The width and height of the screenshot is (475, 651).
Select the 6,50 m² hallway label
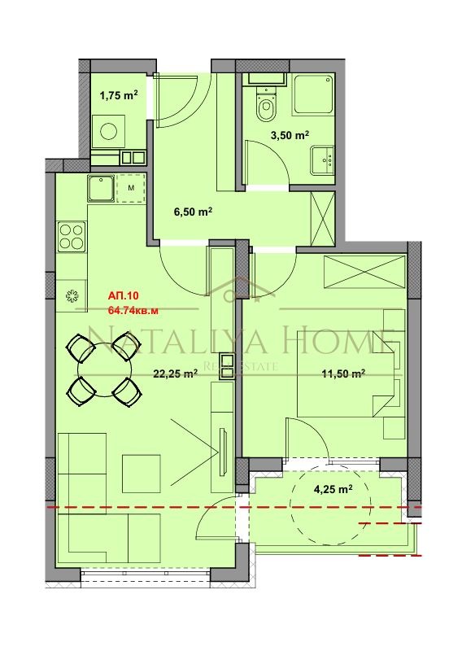coord(193,212)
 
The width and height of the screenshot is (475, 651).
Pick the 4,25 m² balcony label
coord(333,490)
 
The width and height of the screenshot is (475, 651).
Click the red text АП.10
coord(123,296)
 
